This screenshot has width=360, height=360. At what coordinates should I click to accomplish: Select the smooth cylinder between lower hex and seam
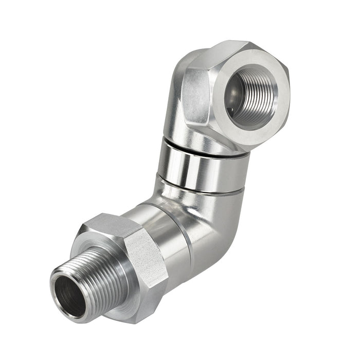[159, 231]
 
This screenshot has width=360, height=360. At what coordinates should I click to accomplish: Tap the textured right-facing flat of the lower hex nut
[147, 257]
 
